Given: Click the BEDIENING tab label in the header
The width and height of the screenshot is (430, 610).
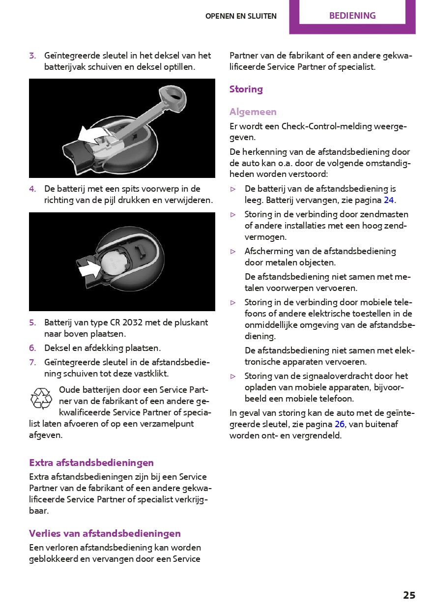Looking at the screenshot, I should coord(352,16).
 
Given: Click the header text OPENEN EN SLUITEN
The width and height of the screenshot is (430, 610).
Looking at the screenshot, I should coord(241,16).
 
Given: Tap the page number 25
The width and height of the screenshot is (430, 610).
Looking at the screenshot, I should coord(409,595).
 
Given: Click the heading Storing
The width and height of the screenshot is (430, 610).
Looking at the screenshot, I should coord(246,89).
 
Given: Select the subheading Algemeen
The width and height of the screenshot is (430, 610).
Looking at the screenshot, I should coord(253,112).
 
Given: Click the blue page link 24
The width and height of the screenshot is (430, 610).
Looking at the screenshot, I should coord(389,200).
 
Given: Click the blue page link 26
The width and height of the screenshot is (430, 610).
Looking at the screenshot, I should coord(340,424).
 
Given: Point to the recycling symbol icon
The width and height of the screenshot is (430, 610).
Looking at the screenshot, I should coord(41,398).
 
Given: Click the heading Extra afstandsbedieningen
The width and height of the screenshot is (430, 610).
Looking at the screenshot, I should coord(91,463).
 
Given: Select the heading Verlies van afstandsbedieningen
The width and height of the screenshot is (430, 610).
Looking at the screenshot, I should coord(105,533).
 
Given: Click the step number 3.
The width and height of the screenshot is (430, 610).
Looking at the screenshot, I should coord(32,56).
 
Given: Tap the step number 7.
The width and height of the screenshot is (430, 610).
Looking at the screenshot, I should coord(32,362).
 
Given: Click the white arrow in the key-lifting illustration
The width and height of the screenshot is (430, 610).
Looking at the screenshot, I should coord(93,134).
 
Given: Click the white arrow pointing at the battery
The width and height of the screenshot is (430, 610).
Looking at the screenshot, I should coord(89,268).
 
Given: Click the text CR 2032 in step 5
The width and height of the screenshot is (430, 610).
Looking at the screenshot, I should coord(118,322).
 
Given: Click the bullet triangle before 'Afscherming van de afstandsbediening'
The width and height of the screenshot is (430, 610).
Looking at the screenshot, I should coord(233,251).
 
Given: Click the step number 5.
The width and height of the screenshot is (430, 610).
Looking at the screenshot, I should coord(32,322).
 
